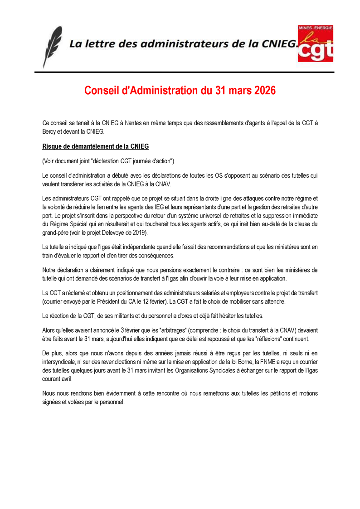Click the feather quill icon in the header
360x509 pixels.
pyautogui.click(x=53, y=46)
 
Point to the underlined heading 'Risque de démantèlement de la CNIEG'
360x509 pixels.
pyautogui.click(x=96, y=146)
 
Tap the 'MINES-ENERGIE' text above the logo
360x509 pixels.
pyautogui.click(x=316, y=28)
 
